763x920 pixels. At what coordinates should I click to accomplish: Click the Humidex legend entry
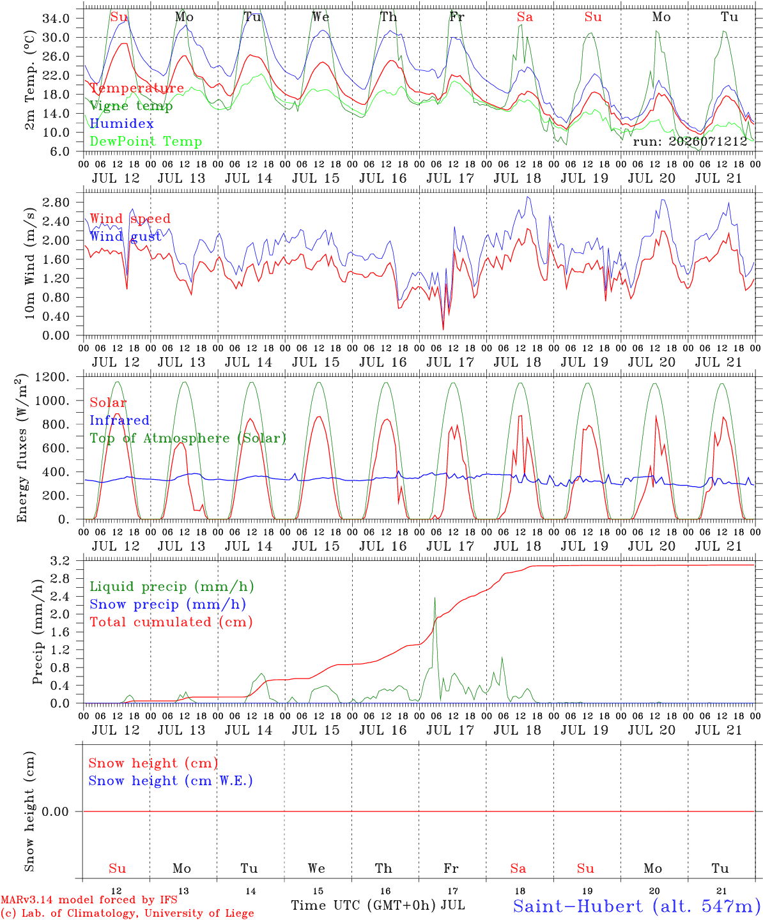(121, 123)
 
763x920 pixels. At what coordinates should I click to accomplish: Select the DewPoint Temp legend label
(146, 141)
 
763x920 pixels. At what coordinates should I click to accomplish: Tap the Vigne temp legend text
(131, 106)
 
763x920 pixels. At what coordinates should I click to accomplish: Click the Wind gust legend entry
(125, 236)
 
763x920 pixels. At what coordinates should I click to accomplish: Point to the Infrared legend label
(119, 420)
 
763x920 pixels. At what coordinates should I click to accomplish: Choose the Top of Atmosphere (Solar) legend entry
(188, 438)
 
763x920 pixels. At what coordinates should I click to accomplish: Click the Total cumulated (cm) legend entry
(171, 622)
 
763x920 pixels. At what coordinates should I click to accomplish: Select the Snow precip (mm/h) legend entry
(167, 604)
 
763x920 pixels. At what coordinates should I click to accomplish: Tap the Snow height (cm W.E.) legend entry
(170, 780)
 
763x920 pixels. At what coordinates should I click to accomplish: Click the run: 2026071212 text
(690, 141)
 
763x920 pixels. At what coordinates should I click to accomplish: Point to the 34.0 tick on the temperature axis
(56, 19)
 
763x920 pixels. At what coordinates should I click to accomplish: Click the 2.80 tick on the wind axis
(56, 203)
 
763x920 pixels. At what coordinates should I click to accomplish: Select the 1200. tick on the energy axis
(52, 377)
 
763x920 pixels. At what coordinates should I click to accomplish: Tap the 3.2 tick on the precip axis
(60, 560)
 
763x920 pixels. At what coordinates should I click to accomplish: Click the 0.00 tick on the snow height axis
(55, 811)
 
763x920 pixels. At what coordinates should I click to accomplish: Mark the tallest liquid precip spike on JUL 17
(435, 597)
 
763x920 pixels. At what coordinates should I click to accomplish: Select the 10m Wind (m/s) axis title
(29, 263)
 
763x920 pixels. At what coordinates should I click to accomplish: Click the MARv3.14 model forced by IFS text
(89, 900)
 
